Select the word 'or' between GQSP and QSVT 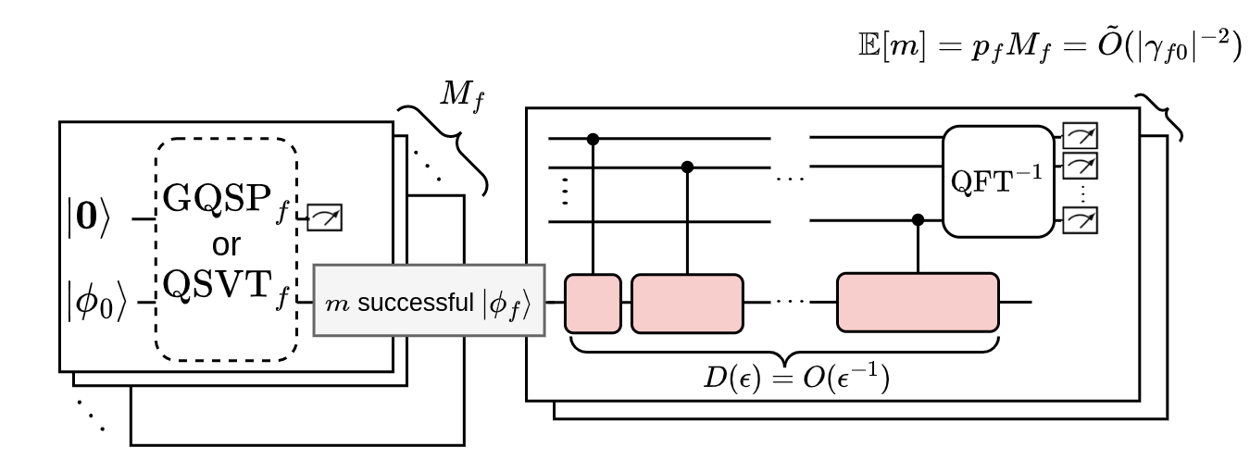pos(226,244)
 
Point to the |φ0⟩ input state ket pos(95,303)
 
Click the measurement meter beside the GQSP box pos(325,217)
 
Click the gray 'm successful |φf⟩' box pos(429,301)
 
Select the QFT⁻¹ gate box pos(998,181)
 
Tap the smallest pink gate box pos(593,303)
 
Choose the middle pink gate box pos(687,303)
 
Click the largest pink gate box pos(918,303)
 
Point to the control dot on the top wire pos(594,139)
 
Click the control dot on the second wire pos(687,168)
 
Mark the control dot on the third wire pos(918,220)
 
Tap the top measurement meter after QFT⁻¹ pos(1080,136)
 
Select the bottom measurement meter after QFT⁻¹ pos(1080,220)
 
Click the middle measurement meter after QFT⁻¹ pos(1080,167)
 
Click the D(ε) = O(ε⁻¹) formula pos(796,379)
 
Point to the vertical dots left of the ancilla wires pos(566,191)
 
